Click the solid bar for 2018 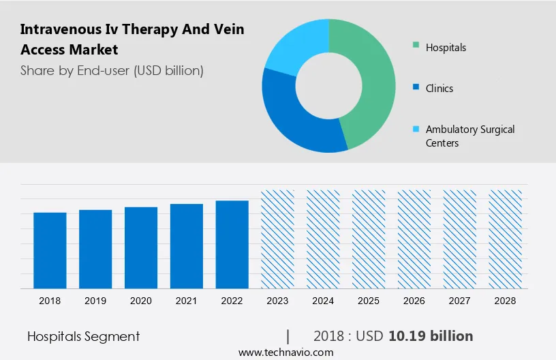50,250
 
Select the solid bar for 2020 141,247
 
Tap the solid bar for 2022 232,244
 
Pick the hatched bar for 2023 278,239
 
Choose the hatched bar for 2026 414,239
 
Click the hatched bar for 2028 506,239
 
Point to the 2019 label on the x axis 95,300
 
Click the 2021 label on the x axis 187,300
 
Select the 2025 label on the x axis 369,300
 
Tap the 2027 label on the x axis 460,300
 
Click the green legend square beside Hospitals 416,47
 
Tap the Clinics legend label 439,89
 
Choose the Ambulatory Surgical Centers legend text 470,136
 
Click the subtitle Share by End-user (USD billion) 112,70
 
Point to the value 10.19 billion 431,336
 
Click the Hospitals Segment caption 83,336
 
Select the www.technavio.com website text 285,352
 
